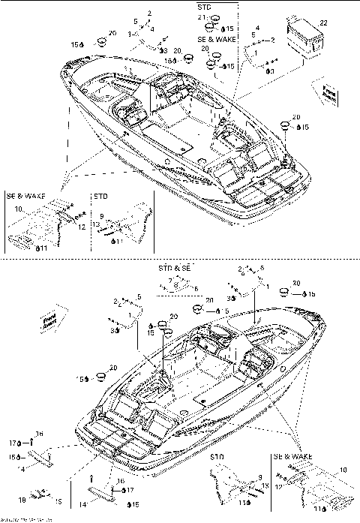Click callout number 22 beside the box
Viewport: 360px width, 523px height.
pyautogui.click(x=324, y=24)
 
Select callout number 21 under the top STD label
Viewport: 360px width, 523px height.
pyautogui.click(x=201, y=17)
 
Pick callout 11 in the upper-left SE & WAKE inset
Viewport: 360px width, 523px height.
pyautogui.click(x=44, y=247)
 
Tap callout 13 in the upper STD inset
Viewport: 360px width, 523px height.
pyautogui.click(x=97, y=224)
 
